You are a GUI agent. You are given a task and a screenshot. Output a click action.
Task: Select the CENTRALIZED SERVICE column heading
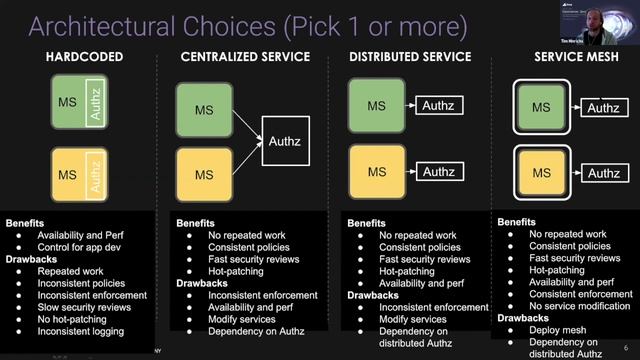[x=246, y=57]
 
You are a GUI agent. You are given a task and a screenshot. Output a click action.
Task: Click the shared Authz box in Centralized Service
[x=284, y=142]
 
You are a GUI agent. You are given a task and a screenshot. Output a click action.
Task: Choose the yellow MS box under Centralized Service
[x=204, y=174]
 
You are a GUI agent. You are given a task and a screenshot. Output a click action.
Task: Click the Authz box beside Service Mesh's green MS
[x=603, y=108]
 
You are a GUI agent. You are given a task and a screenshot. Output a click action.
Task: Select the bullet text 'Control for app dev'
[x=67, y=247]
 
